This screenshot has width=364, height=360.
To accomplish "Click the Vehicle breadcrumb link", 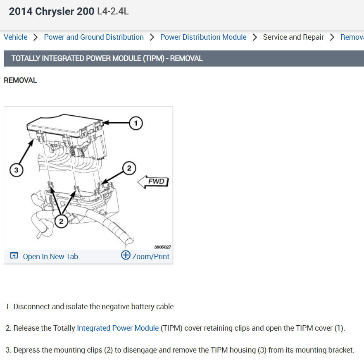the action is tap(16, 37).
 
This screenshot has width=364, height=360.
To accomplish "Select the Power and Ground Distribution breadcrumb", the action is tap(94, 37).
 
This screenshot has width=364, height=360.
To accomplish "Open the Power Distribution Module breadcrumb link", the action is tap(203, 37).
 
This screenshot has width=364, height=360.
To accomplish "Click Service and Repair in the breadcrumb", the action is tap(293, 37).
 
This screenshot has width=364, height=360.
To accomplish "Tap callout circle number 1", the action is tap(136, 123).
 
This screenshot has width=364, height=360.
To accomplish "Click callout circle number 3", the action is tap(16, 170).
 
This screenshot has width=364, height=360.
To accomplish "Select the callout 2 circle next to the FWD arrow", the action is tap(129, 168).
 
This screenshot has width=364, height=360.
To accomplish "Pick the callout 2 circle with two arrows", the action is tap(61, 221).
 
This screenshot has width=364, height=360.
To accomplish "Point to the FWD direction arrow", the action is tap(153, 181).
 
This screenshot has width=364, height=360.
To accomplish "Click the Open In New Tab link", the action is tap(50, 256).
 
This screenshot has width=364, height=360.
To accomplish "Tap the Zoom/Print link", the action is tap(151, 256).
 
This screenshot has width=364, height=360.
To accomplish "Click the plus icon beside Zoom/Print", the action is tap(126, 255).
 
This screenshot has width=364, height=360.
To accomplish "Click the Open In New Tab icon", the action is tap(14, 255).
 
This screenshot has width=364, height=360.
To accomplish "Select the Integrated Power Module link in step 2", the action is tap(118, 328).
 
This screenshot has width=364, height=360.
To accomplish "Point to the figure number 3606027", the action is tap(162, 247).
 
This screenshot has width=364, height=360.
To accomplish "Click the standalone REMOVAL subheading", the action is tap(20, 80).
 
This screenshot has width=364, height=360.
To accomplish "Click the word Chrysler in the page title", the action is tap(55, 12).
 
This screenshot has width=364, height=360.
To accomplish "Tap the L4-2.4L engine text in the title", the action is tap(113, 11).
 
